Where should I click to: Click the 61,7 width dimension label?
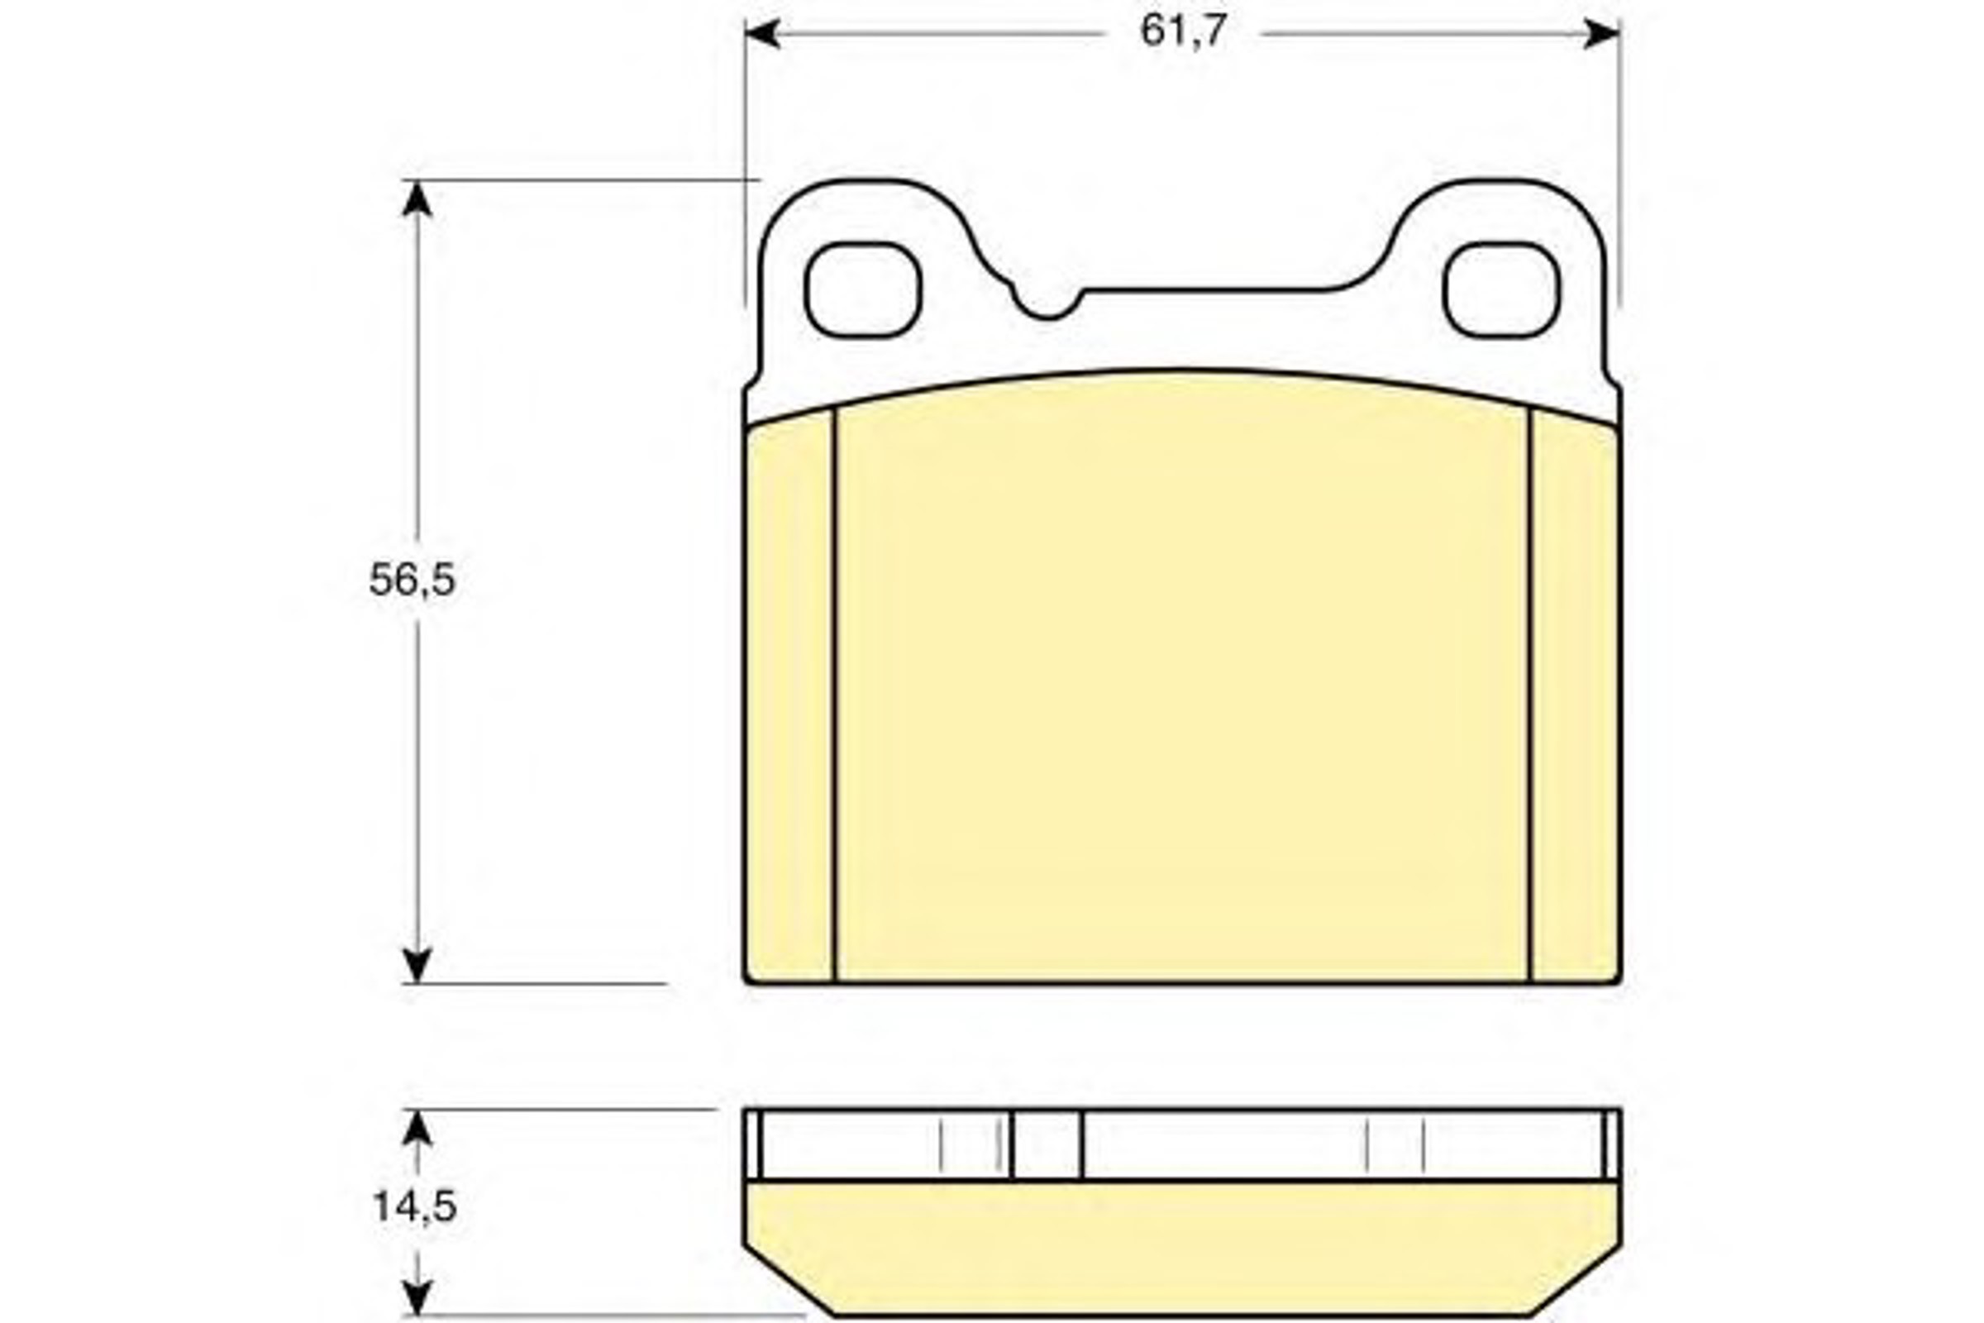pyautogui.click(x=1183, y=32)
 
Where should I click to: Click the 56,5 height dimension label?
pyautogui.click(x=413, y=580)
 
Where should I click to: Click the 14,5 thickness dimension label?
pyautogui.click(x=414, y=1207)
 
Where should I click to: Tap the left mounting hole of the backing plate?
pyautogui.click(x=862, y=289)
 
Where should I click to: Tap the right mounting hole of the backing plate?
pyautogui.click(x=1501, y=289)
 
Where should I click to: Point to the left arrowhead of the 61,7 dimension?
pyautogui.click(x=762, y=34)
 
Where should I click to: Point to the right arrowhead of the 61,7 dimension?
pyautogui.click(x=1602, y=34)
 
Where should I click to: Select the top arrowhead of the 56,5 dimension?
pyautogui.click(x=417, y=198)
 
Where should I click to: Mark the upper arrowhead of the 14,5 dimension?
pyautogui.click(x=417, y=1128)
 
